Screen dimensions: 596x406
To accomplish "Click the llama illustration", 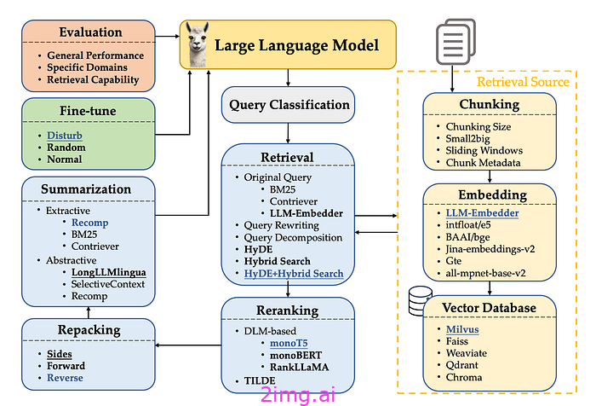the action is tap(198, 44).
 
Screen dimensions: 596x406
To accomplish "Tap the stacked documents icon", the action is tap(456, 42).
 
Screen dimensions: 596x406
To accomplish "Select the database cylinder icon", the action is tap(420, 301).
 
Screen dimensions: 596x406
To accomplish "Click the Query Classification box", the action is tap(288, 105).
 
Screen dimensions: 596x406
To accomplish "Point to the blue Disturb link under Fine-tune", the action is tap(64, 136).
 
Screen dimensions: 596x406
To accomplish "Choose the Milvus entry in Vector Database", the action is tap(462, 329).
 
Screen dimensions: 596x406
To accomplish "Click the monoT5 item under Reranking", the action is tap(289, 343).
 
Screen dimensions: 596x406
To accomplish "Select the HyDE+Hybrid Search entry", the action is tap(294, 274).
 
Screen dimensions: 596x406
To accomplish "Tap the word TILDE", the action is tap(260, 380).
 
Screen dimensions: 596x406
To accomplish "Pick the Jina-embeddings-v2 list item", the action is tap(490, 249).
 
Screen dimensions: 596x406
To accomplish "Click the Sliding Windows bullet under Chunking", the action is tap(484, 150).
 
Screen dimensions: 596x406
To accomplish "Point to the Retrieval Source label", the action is tap(523, 82).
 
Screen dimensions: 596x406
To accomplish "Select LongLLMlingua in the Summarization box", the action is tap(109, 272).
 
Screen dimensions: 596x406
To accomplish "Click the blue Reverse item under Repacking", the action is tap(65, 378).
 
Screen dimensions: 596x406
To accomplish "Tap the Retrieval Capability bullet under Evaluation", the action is tap(93, 79).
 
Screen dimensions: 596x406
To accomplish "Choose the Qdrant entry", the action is tap(461, 365).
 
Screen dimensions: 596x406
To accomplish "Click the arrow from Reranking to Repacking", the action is tap(188, 345).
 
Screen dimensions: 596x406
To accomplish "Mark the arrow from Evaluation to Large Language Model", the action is tap(167, 36).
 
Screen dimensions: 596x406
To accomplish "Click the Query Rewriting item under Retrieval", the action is tap(281, 225).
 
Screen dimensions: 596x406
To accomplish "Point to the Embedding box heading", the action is tap(493, 194).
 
